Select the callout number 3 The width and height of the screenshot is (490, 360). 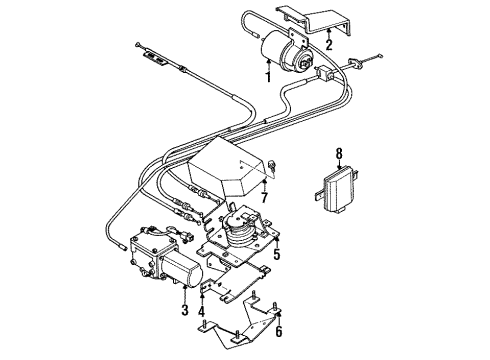coord(184,311)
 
